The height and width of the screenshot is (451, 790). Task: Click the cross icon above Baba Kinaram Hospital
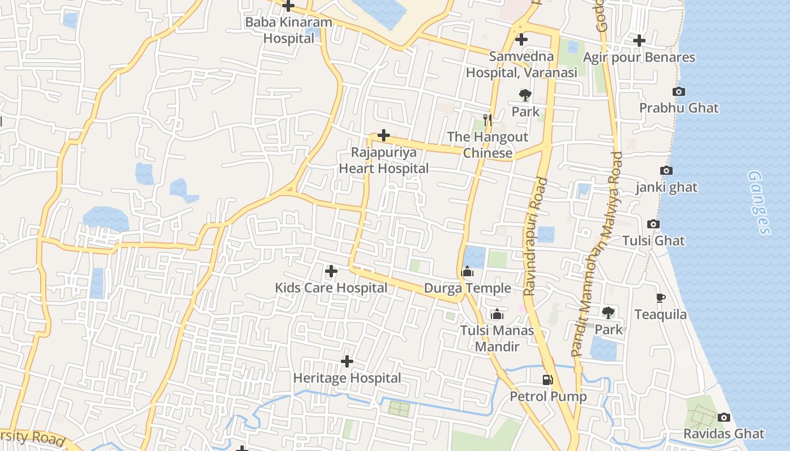[x=288, y=6]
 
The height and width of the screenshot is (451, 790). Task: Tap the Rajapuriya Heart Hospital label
[x=384, y=160]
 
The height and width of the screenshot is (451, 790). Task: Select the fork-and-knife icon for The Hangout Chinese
[x=488, y=120]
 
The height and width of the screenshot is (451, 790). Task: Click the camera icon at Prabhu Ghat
[x=679, y=91]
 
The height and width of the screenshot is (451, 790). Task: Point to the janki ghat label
[x=666, y=187]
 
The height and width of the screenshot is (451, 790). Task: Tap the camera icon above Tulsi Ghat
[x=653, y=224]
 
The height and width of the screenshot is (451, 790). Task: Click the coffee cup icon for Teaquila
[x=661, y=298]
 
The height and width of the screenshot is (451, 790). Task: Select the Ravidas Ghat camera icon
[x=723, y=418]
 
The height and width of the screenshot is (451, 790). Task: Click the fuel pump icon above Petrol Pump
[x=547, y=380]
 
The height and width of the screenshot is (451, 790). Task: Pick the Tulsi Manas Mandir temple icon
[x=497, y=314]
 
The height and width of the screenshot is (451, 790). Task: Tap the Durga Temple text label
[x=467, y=288]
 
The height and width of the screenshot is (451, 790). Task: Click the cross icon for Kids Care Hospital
[x=331, y=271]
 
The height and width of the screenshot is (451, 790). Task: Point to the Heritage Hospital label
[x=347, y=378]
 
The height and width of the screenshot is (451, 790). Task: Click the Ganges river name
[x=759, y=203]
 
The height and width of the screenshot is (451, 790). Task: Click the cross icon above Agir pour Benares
[x=639, y=40]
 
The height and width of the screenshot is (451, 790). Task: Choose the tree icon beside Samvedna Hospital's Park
[x=525, y=95]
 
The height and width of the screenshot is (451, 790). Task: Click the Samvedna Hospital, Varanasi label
[x=521, y=64]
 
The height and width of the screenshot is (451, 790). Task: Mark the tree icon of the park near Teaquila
[x=608, y=312]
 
